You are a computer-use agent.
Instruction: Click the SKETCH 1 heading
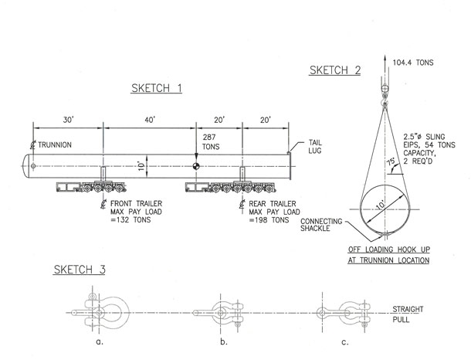157,88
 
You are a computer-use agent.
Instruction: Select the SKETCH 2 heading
335,70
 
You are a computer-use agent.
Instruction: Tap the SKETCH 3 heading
80,270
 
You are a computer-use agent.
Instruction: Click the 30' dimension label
68,120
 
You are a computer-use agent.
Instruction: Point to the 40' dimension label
150,120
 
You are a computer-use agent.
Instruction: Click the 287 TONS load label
211,142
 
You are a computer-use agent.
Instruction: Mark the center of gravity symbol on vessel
196,166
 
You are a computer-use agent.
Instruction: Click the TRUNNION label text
55,144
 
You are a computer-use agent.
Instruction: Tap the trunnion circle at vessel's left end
33,166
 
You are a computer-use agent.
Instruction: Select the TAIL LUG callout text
315,146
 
